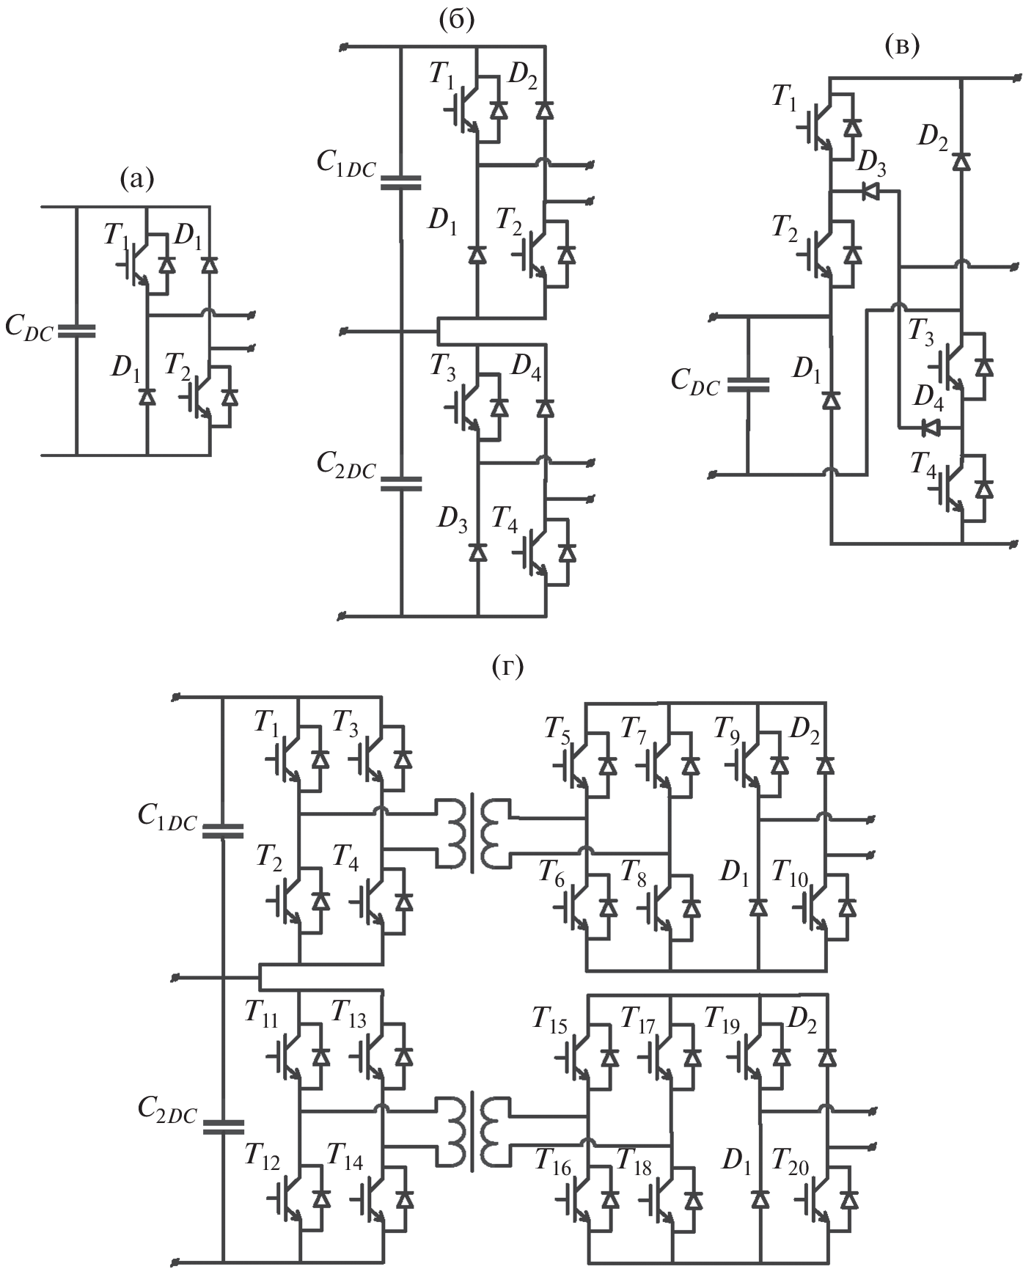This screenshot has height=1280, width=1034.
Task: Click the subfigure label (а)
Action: [x=137, y=178]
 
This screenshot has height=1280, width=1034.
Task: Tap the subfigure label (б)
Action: [x=456, y=20]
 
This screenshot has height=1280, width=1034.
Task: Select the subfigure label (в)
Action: [x=902, y=45]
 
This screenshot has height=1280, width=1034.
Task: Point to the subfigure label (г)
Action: [x=508, y=667]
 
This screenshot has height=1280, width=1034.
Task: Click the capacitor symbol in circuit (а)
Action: [x=76, y=331]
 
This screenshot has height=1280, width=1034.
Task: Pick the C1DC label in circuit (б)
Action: [x=346, y=164]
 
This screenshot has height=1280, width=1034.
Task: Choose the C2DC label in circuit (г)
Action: [x=167, y=1113]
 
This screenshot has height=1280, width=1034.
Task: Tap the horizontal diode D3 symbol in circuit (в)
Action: [x=870, y=191]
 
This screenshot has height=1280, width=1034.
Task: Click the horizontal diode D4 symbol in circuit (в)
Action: [x=931, y=426]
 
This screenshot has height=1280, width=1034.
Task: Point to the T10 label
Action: [x=790, y=875]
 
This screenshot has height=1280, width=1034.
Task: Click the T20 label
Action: [x=790, y=1164]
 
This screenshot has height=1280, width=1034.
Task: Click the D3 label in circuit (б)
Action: [x=452, y=520]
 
